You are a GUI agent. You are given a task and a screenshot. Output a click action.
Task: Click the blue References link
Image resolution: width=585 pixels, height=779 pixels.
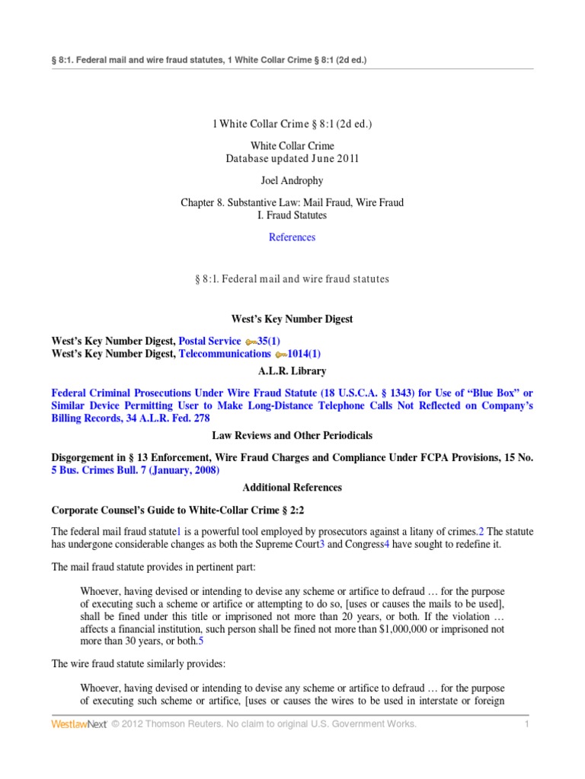292,237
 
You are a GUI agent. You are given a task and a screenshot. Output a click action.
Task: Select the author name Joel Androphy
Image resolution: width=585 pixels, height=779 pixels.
292,181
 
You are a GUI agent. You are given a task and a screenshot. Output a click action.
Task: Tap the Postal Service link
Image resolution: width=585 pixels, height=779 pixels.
209,342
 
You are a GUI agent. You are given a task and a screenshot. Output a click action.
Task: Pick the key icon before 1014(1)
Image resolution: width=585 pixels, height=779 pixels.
281,355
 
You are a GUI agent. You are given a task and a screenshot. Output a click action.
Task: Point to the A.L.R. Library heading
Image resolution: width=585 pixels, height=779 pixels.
292,371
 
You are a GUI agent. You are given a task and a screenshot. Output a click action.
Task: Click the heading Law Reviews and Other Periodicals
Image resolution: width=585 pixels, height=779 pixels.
292,436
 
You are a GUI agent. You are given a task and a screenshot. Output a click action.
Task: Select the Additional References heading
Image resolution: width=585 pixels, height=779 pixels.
292,487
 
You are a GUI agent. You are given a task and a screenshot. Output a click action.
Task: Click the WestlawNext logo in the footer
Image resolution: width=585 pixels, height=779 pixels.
78,724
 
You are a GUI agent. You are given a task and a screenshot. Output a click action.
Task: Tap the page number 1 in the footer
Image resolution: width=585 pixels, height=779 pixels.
526,724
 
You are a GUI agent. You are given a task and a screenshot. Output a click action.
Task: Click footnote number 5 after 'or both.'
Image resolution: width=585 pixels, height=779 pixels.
201,641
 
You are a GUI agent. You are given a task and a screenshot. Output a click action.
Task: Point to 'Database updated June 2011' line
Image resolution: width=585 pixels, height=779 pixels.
292,159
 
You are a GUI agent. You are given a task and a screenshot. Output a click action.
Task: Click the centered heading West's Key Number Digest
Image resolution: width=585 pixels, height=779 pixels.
292,320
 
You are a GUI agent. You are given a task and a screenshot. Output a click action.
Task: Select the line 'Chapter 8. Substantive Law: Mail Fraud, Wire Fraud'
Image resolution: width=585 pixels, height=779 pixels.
292,203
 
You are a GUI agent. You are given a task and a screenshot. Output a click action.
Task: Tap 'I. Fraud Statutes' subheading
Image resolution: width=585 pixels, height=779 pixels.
292,215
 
